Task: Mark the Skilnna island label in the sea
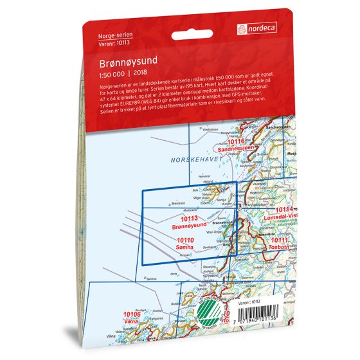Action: pos(151,279)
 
